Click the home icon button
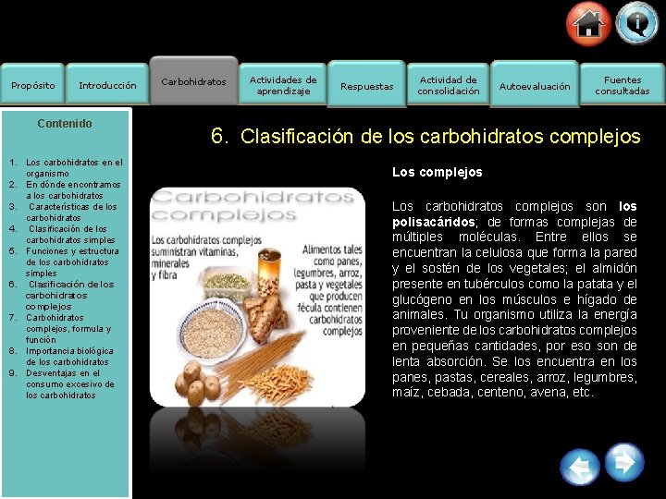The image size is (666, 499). [x=588, y=24]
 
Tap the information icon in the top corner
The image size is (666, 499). [x=637, y=22]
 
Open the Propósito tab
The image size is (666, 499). [x=32, y=86]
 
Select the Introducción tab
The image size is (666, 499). [x=107, y=86]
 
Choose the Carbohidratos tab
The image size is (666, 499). [x=193, y=81]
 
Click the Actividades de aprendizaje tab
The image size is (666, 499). [x=283, y=85]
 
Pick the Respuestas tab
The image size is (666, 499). [x=367, y=86]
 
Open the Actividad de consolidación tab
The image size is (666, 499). [x=449, y=85]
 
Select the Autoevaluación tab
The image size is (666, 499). [x=535, y=86]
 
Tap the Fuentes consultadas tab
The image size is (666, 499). [x=623, y=85]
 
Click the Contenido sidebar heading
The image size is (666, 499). [x=65, y=123]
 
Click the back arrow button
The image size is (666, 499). [x=580, y=467]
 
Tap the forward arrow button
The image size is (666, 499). [x=624, y=461]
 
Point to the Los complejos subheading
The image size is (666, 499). [x=438, y=172]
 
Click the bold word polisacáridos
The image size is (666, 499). [x=428, y=222]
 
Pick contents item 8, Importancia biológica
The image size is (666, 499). [x=69, y=357]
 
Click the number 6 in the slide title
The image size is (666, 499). [x=219, y=136]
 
